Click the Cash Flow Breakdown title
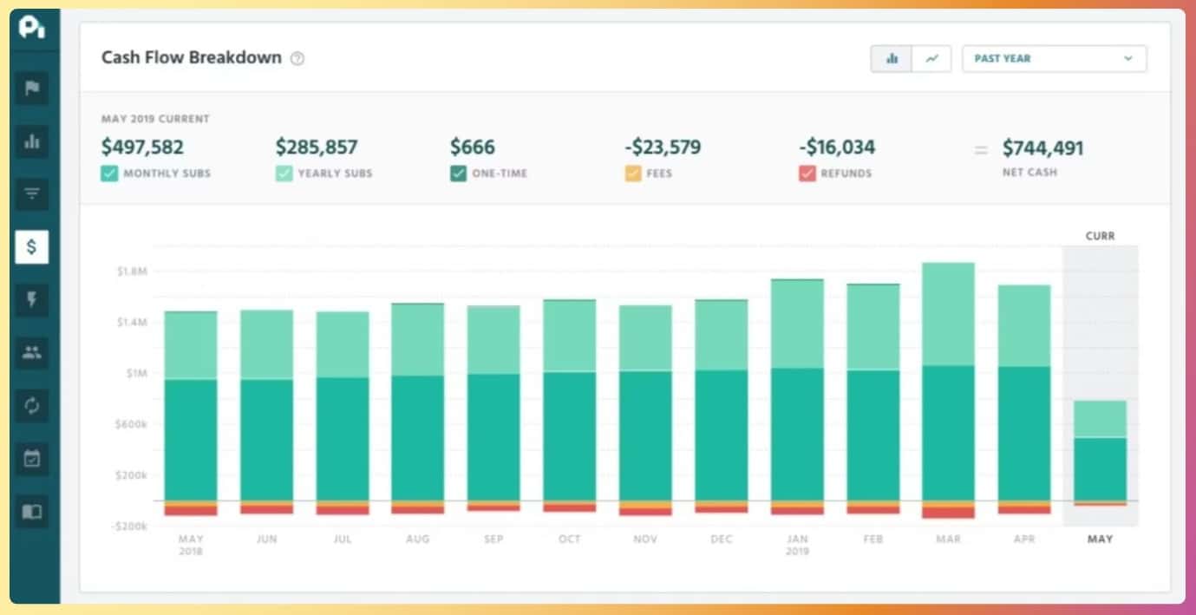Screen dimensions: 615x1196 [x=192, y=57]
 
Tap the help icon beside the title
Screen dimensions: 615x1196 [x=297, y=59]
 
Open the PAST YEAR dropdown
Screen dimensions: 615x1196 [x=1054, y=59]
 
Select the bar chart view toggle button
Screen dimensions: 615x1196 [x=891, y=59]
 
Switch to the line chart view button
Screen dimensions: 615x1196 [x=931, y=59]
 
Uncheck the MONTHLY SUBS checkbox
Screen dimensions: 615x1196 [x=109, y=173]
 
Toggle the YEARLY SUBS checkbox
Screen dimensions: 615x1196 [x=284, y=173]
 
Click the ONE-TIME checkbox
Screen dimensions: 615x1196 [x=458, y=173]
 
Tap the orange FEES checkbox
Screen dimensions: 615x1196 [x=633, y=173]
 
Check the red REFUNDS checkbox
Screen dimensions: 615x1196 [x=807, y=173]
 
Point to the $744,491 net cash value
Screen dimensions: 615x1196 [x=1042, y=148]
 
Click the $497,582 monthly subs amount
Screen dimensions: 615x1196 [x=142, y=147]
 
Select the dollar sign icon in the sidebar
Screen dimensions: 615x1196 [x=32, y=247]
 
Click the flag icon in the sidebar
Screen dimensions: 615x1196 [x=32, y=88]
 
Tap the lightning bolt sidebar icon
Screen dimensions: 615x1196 [x=32, y=300]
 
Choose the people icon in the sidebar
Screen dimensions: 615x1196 [x=32, y=353]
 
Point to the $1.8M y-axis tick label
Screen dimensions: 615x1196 [x=133, y=272]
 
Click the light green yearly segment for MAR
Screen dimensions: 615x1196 [x=948, y=314]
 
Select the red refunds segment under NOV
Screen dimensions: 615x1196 [x=645, y=512]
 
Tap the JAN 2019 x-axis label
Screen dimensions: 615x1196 [x=796, y=544]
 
